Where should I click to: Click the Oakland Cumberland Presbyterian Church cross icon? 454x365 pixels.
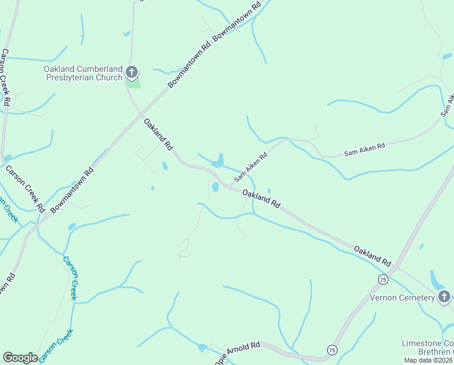coord(132,74)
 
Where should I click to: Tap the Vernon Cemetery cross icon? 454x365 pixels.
coord(444,297)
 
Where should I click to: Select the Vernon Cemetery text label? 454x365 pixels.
coord(402,297)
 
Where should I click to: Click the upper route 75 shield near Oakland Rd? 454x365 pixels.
coord(382,279)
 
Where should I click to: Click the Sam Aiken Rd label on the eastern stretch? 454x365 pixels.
coord(365,147)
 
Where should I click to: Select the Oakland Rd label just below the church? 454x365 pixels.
coord(158,135)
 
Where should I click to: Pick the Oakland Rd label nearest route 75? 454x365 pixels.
coord(373,255)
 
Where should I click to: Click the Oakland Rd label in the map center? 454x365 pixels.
coord(262,199)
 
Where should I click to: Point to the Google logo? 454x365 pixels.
coord(20,358)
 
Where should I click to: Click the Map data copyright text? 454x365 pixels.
coord(429,360)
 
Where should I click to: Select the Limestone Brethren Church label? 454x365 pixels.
coord(428,349)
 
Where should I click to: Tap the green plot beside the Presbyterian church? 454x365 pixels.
coord(135,83)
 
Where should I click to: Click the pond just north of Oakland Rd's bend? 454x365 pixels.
coord(217,162)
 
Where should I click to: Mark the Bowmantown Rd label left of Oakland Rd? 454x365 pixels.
coord(73,190)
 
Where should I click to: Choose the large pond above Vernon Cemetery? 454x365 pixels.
coord(436,280)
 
